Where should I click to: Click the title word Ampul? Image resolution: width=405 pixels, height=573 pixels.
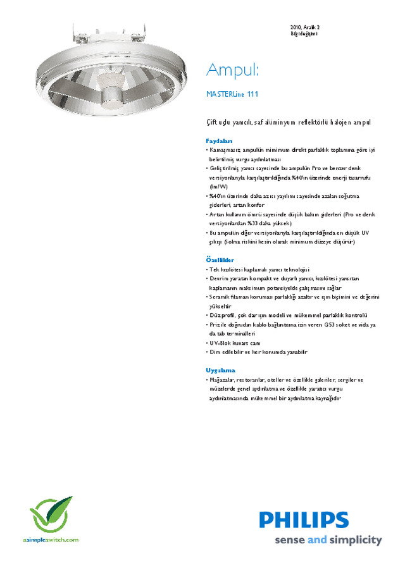(x=234, y=69)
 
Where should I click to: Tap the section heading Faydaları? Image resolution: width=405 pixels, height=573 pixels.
(x=220, y=140)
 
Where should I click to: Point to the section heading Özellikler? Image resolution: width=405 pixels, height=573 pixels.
(x=220, y=260)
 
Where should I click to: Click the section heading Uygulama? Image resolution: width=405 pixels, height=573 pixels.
(x=220, y=370)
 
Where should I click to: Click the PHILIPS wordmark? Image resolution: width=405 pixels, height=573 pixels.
(x=304, y=521)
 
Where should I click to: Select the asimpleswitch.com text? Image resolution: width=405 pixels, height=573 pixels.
(x=51, y=540)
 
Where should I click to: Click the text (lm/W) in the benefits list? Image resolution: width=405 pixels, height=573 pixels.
(x=218, y=187)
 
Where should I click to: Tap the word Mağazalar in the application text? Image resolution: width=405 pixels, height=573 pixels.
(x=223, y=380)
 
